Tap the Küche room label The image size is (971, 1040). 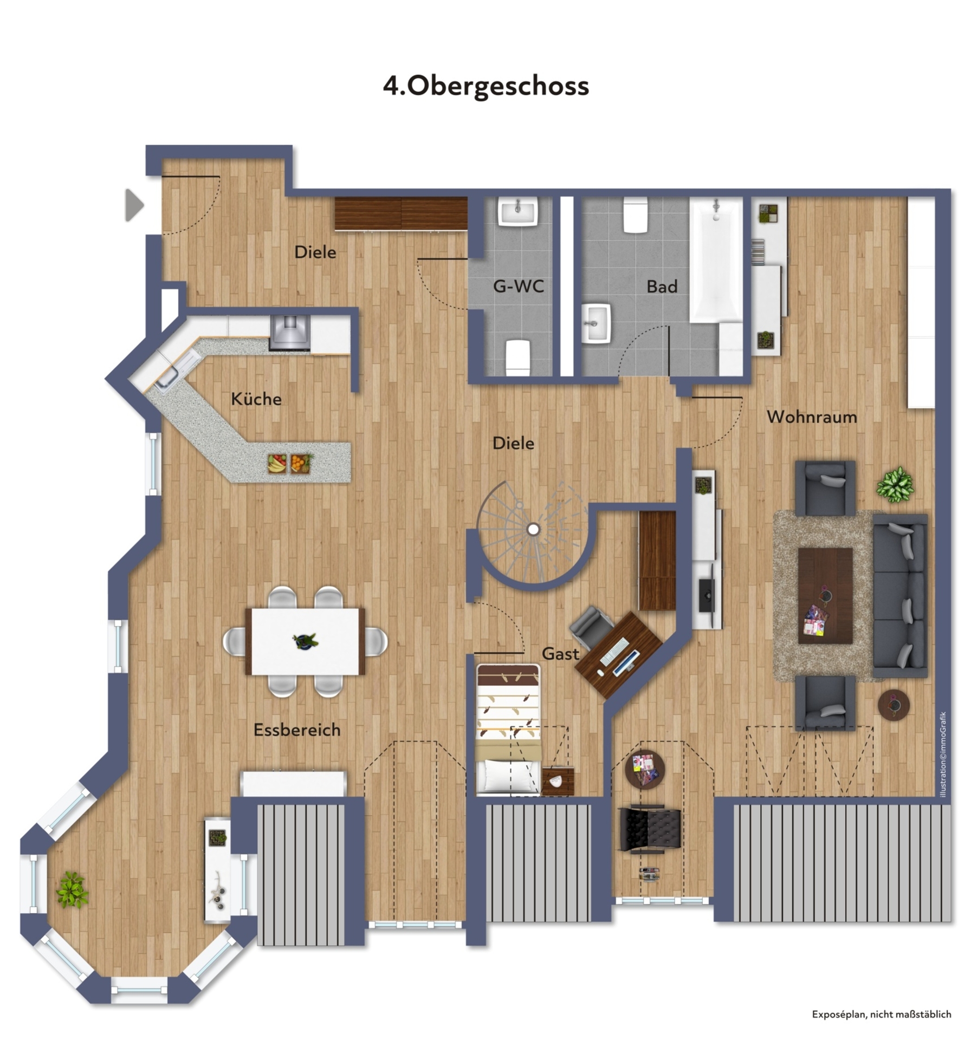pos(256,399)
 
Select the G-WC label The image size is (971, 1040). pos(519,286)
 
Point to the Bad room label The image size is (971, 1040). pos(662,287)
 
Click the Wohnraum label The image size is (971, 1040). pos(812,417)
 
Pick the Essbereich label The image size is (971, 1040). pos(297,730)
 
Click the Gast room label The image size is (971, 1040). pos(560,654)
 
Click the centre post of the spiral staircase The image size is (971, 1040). pos(533,529)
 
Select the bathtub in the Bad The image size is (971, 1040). pos(716,260)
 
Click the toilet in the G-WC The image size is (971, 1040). pos(518,357)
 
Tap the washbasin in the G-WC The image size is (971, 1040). pos(518,211)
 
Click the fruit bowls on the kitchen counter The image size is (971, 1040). pos(290,464)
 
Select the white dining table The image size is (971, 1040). pos(305,641)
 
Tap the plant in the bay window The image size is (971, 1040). pos(72,889)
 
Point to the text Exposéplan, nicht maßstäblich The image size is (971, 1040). pos(882,1015)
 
